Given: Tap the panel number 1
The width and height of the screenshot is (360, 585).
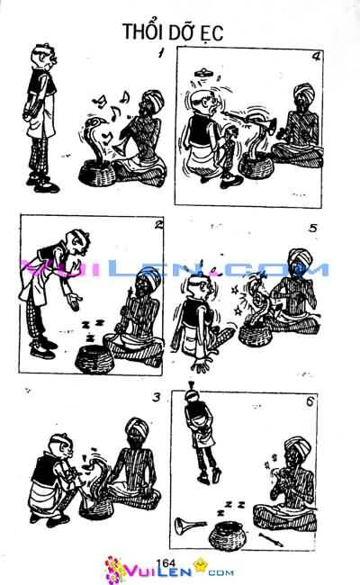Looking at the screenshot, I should coord(160,55).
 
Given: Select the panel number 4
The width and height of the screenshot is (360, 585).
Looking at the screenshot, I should coord(316,57).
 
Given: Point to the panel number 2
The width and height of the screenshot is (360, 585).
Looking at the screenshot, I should coord(158,225).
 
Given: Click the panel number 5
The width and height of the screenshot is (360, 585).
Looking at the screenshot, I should coord(312,228).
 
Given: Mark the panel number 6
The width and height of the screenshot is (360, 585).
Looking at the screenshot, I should coord(310,400).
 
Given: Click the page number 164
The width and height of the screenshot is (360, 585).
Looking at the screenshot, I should coord(165,562).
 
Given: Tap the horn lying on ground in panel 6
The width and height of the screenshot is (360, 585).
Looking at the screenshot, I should coord(189,524).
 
